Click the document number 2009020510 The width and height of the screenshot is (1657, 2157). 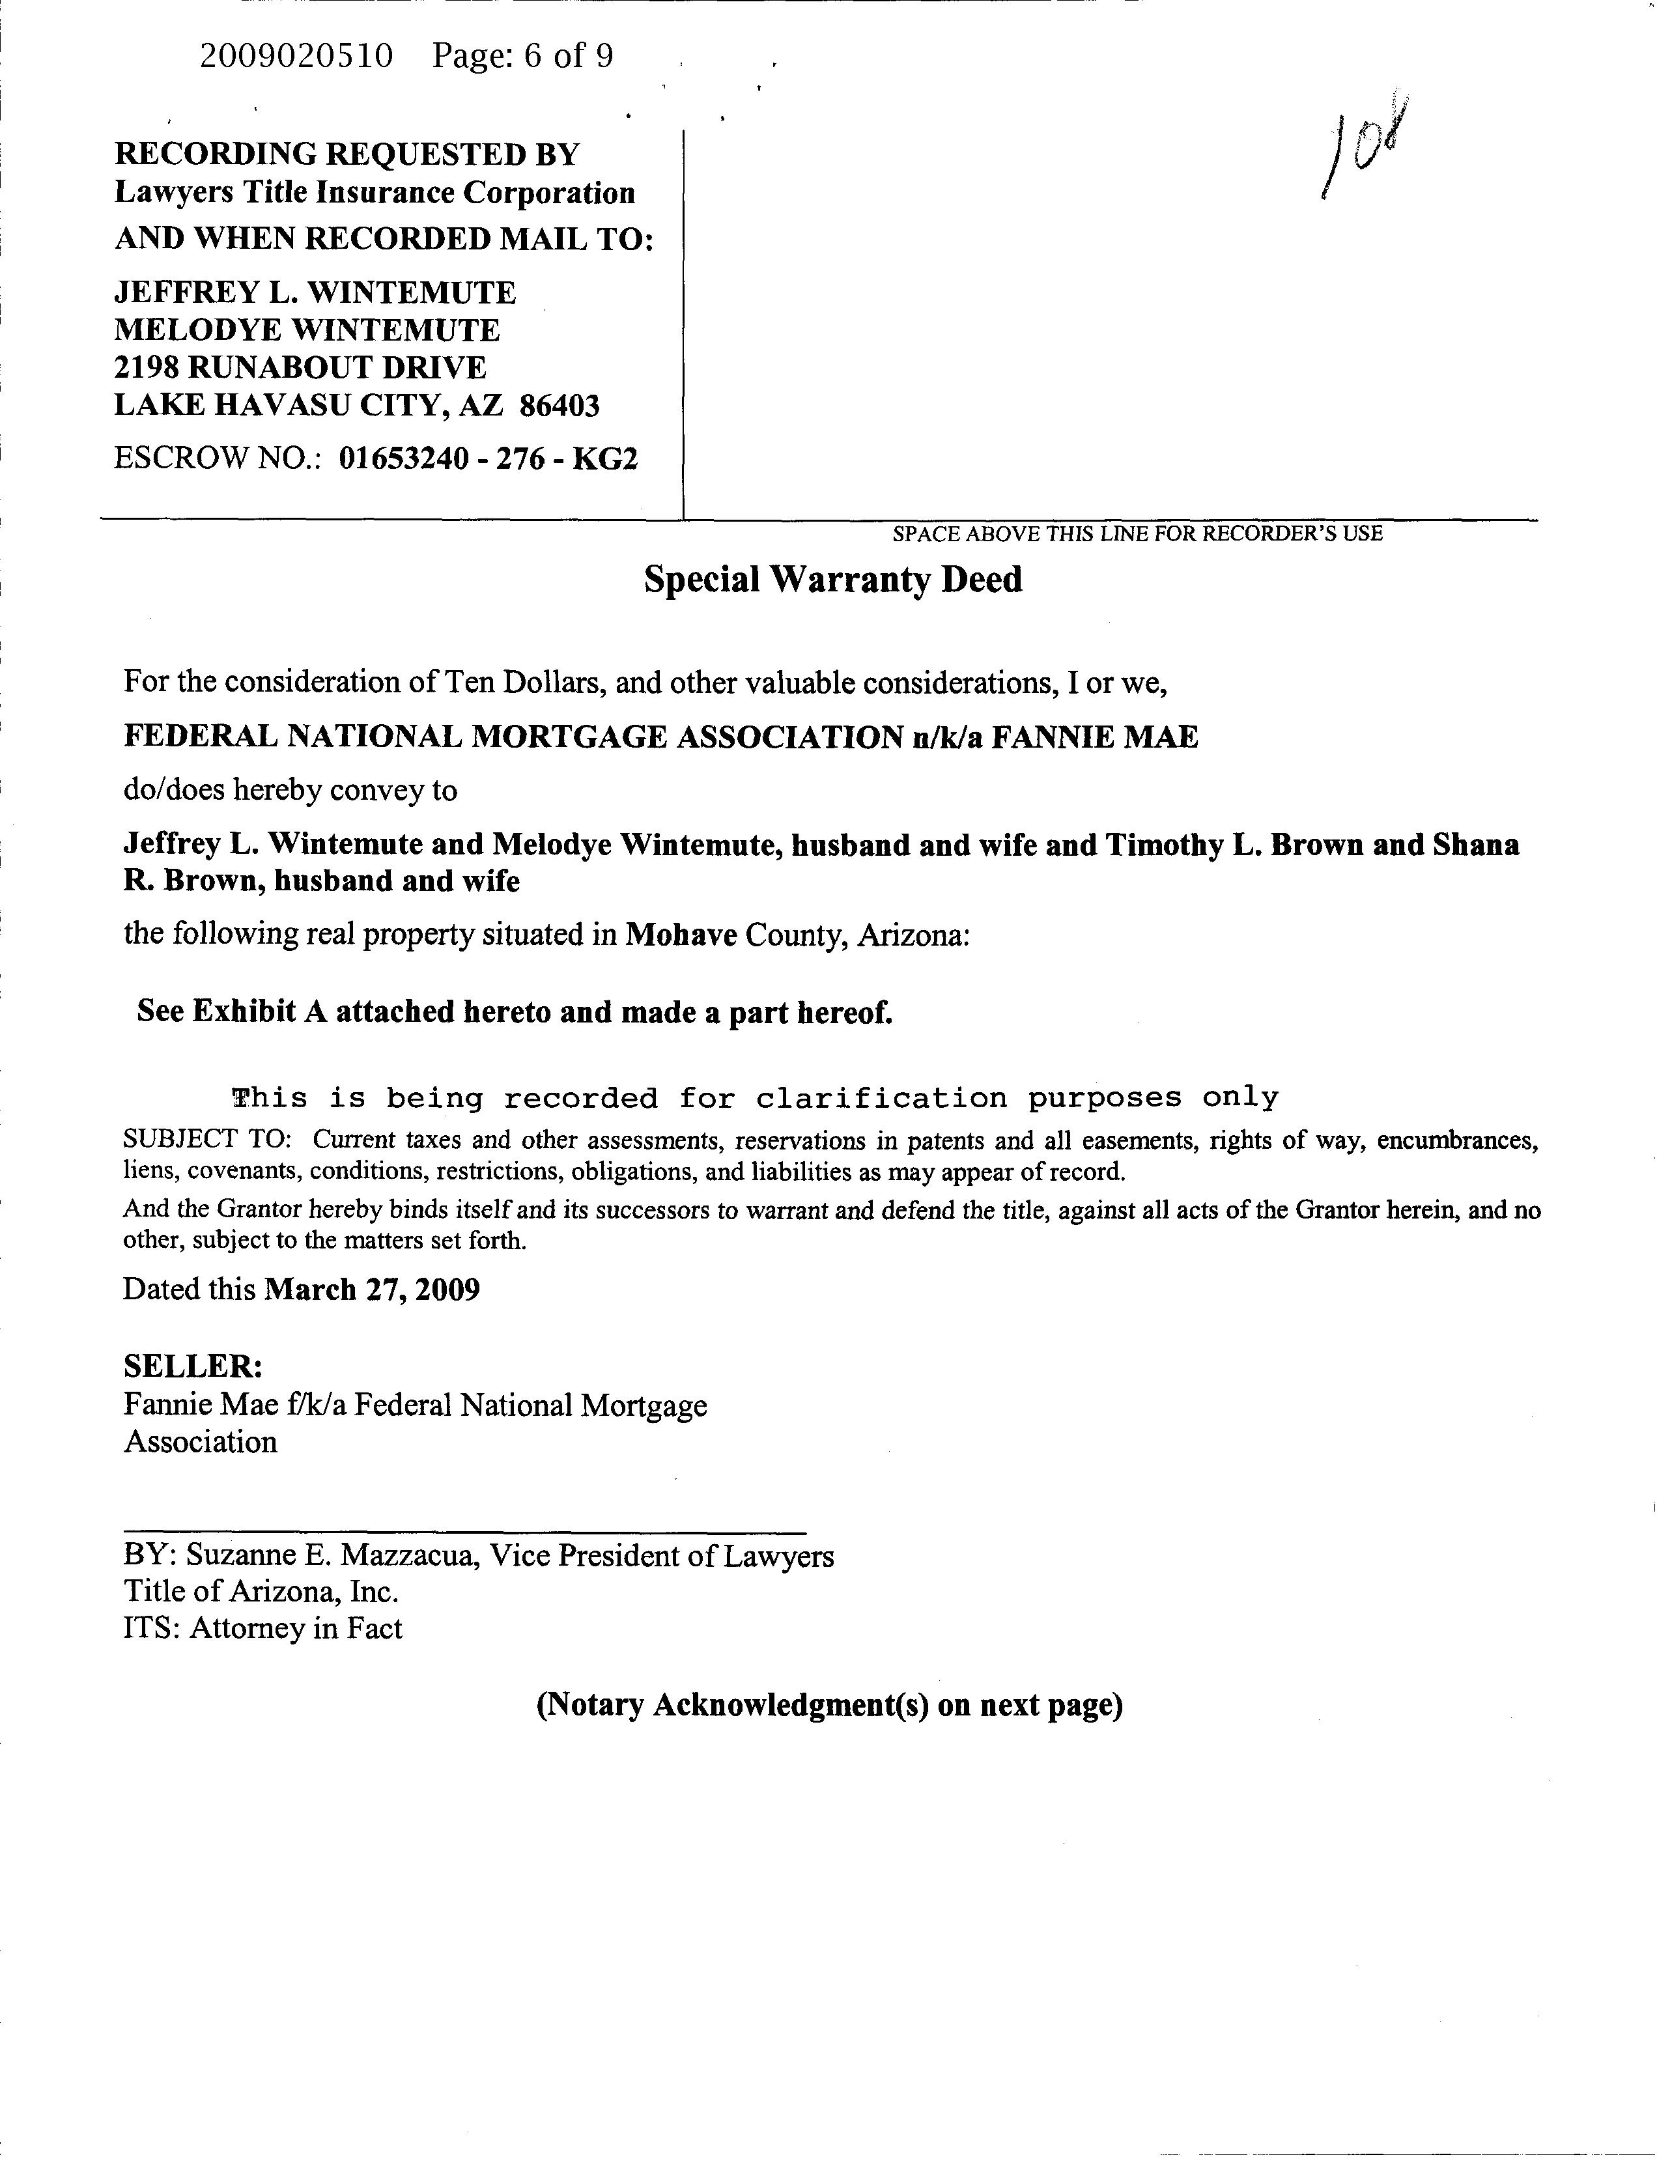(x=296, y=56)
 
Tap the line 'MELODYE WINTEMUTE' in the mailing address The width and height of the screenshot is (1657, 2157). (x=307, y=330)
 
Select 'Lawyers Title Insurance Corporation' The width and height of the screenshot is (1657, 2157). (x=375, y=193)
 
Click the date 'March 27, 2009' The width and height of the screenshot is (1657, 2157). (x=372, y=1290)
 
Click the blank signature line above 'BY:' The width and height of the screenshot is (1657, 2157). (x=464, y=1532)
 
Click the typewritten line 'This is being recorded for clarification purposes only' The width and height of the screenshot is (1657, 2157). (x=754, y=1098)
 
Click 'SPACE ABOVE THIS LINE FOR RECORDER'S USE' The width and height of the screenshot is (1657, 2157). (x=1137, y=533)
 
